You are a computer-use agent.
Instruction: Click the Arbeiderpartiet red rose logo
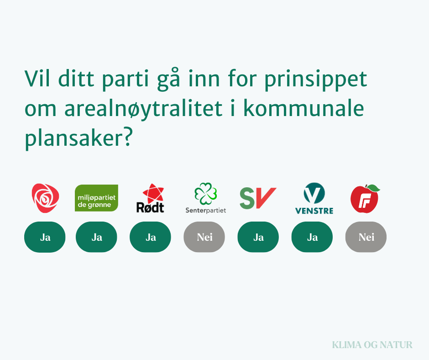coord(45,198)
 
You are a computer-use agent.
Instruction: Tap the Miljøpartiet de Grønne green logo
coord(96,198)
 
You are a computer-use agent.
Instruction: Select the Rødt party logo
coord(150,198)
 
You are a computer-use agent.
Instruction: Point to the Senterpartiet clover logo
coord(205,198)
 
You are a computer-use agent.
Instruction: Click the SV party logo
coord(258,198)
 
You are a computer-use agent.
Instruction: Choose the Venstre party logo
coord(314,198)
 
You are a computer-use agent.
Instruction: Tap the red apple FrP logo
coord(365,199)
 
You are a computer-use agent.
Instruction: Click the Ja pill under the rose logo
coord(45,237)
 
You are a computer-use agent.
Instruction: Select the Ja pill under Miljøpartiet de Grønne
coord(96,237)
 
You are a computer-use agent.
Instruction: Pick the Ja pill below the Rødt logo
coord(150,237)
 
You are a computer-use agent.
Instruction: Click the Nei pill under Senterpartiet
coord(204,237)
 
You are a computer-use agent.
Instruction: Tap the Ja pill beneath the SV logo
coord(258,237)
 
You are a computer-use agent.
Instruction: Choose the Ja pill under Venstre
coord(312,237)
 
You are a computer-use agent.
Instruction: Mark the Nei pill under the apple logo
coord(366,237)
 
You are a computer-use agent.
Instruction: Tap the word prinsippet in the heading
coord(315,80)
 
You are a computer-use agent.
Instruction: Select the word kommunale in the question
coord(303,108)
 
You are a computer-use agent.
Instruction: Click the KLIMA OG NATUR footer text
coord(372,344)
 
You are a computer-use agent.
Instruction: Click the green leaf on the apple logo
coord(373,188)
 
